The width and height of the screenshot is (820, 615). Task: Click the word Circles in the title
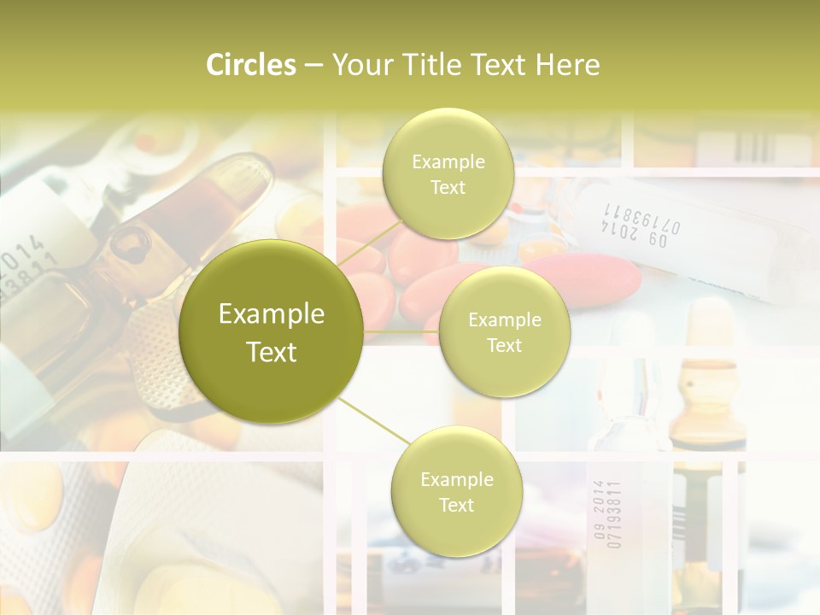(251, 65)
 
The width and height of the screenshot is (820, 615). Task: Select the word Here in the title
(567, 65)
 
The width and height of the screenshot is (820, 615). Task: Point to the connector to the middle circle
(401, 331)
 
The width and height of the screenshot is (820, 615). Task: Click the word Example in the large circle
(272, 314)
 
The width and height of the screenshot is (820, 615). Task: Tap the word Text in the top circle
(448, 188)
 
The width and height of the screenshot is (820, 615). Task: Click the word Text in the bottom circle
(456, 506)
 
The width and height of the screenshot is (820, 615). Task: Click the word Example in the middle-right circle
(504, 320)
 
